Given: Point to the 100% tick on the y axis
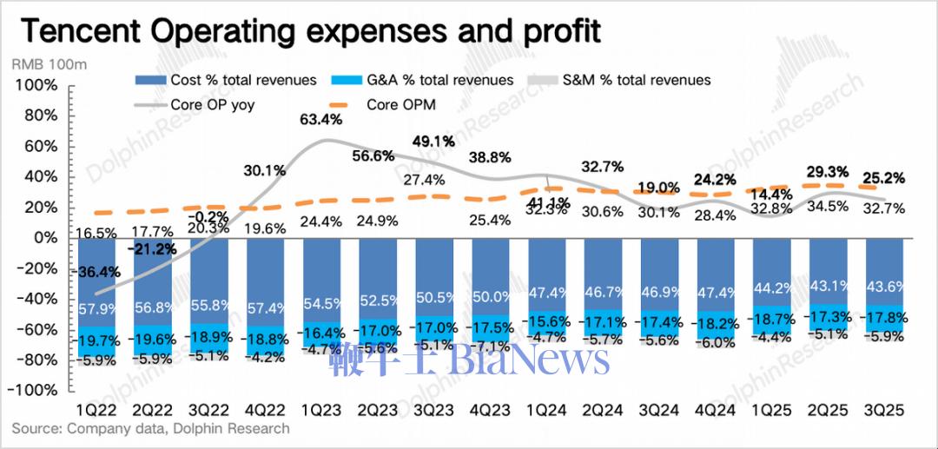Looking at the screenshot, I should pos(36,86).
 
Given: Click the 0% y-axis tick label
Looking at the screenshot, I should pos(43,238).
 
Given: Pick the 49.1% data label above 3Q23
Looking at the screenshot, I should pos(435,142).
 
